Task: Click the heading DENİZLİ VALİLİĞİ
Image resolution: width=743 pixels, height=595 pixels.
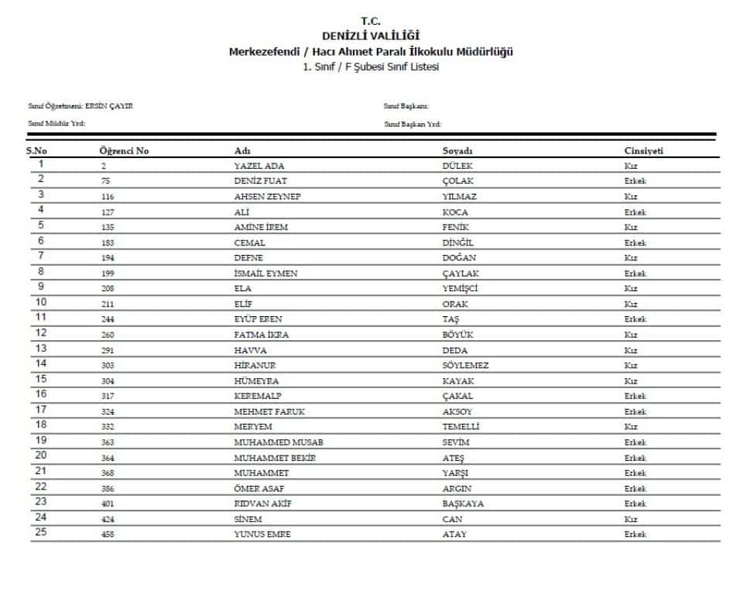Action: (x=371, y=36)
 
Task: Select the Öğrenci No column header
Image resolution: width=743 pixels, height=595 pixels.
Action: (x=124, y=150)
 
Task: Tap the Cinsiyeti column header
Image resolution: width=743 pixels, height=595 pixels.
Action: (x=643, y=150)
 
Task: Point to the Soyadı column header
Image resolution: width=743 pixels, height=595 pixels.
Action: (x=457, y=150)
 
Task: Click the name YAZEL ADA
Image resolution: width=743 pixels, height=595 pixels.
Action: (x=259, y=166)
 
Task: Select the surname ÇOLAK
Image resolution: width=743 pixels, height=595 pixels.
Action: (x=457, y=181)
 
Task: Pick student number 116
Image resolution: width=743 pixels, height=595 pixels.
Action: (x=108, y=197)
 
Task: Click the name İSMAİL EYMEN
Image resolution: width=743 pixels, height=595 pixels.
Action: (x=265, y=273)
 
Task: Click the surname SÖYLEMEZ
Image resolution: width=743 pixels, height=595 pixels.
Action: (x=465, y=366)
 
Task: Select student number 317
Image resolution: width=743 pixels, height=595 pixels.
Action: (x=108, y=396)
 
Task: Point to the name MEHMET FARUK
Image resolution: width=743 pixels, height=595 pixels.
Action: (x=266, y=411)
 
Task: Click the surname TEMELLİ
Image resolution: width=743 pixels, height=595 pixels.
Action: (x=461, y=427)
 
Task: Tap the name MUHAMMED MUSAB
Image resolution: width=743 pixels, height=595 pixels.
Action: (x=278, y=442)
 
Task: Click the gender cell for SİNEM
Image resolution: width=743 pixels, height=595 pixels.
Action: (x=631, y=519)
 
